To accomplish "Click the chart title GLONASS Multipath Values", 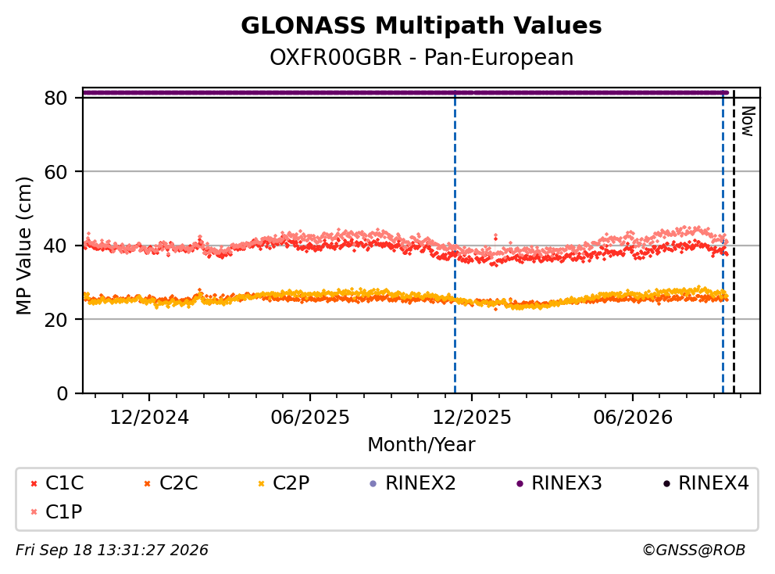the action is point(421,26).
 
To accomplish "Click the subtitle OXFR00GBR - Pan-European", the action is point(421,57).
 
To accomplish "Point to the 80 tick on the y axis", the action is point(55,98).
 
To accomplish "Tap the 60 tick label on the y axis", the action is point(55,172).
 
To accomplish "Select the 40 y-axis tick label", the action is point(55,246).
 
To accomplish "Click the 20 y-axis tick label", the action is point(55,319).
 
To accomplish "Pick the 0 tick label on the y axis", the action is point(62,393).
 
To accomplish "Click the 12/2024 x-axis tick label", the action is point(149,418).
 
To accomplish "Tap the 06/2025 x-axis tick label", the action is point(310,418).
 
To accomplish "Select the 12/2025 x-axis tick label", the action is point(472,418).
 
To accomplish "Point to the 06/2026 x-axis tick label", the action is point(633,418).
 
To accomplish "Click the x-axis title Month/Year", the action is point(421,445).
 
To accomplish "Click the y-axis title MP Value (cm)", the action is point(23,246).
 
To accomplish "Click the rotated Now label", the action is point(748,121).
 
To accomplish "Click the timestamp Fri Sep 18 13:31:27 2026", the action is point(112,551).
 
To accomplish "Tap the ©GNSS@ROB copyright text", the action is point(694,551).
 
